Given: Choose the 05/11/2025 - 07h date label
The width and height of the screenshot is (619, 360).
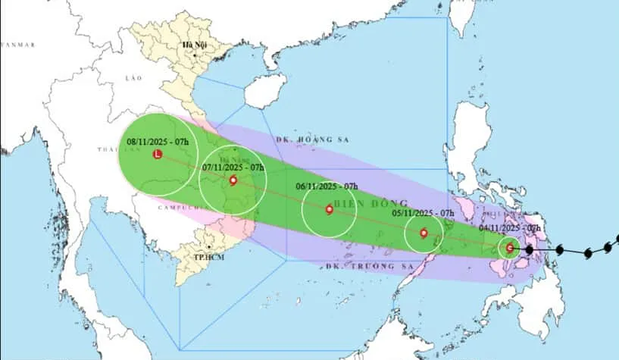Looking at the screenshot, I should point(423,214).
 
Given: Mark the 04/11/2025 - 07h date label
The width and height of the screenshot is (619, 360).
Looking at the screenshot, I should point(510,227).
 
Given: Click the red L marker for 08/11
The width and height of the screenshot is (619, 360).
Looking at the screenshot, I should point(157,155).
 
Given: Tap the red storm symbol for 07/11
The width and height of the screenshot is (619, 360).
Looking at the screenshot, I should point(233,180).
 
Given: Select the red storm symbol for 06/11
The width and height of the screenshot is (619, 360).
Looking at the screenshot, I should point(329,210).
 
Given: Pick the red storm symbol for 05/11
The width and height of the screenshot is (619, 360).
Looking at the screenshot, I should point(424,233).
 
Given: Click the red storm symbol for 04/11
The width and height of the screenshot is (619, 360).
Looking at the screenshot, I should point(510,248).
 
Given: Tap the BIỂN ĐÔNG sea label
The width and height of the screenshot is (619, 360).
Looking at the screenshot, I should point(369,203).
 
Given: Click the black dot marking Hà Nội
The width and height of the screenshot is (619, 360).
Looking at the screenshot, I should point(195,55).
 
